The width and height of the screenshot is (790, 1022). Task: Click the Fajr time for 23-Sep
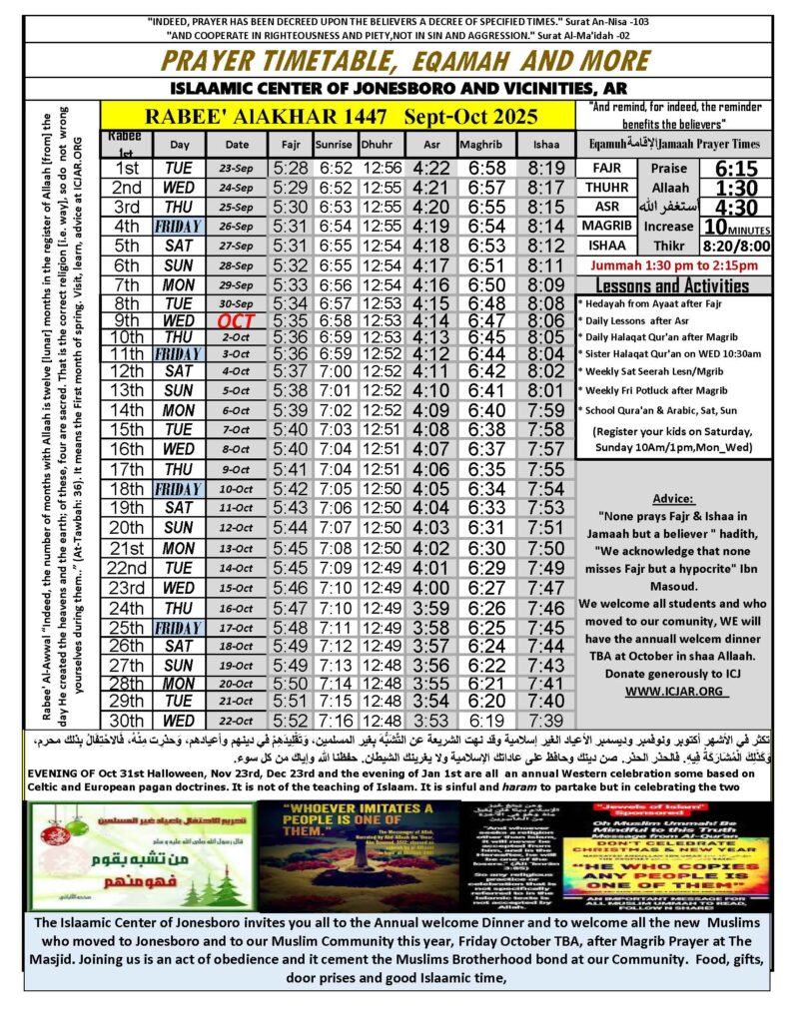click(288, 169)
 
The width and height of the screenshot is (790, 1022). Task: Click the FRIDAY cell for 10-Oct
click(179, 489)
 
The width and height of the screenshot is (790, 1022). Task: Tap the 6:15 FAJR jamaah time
click(732, 169)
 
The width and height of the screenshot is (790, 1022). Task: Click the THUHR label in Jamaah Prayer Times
click(606, 189)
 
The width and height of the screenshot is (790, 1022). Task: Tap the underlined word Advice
click(672, 498)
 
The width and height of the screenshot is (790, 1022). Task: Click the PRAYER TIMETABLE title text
click(395, 59)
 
